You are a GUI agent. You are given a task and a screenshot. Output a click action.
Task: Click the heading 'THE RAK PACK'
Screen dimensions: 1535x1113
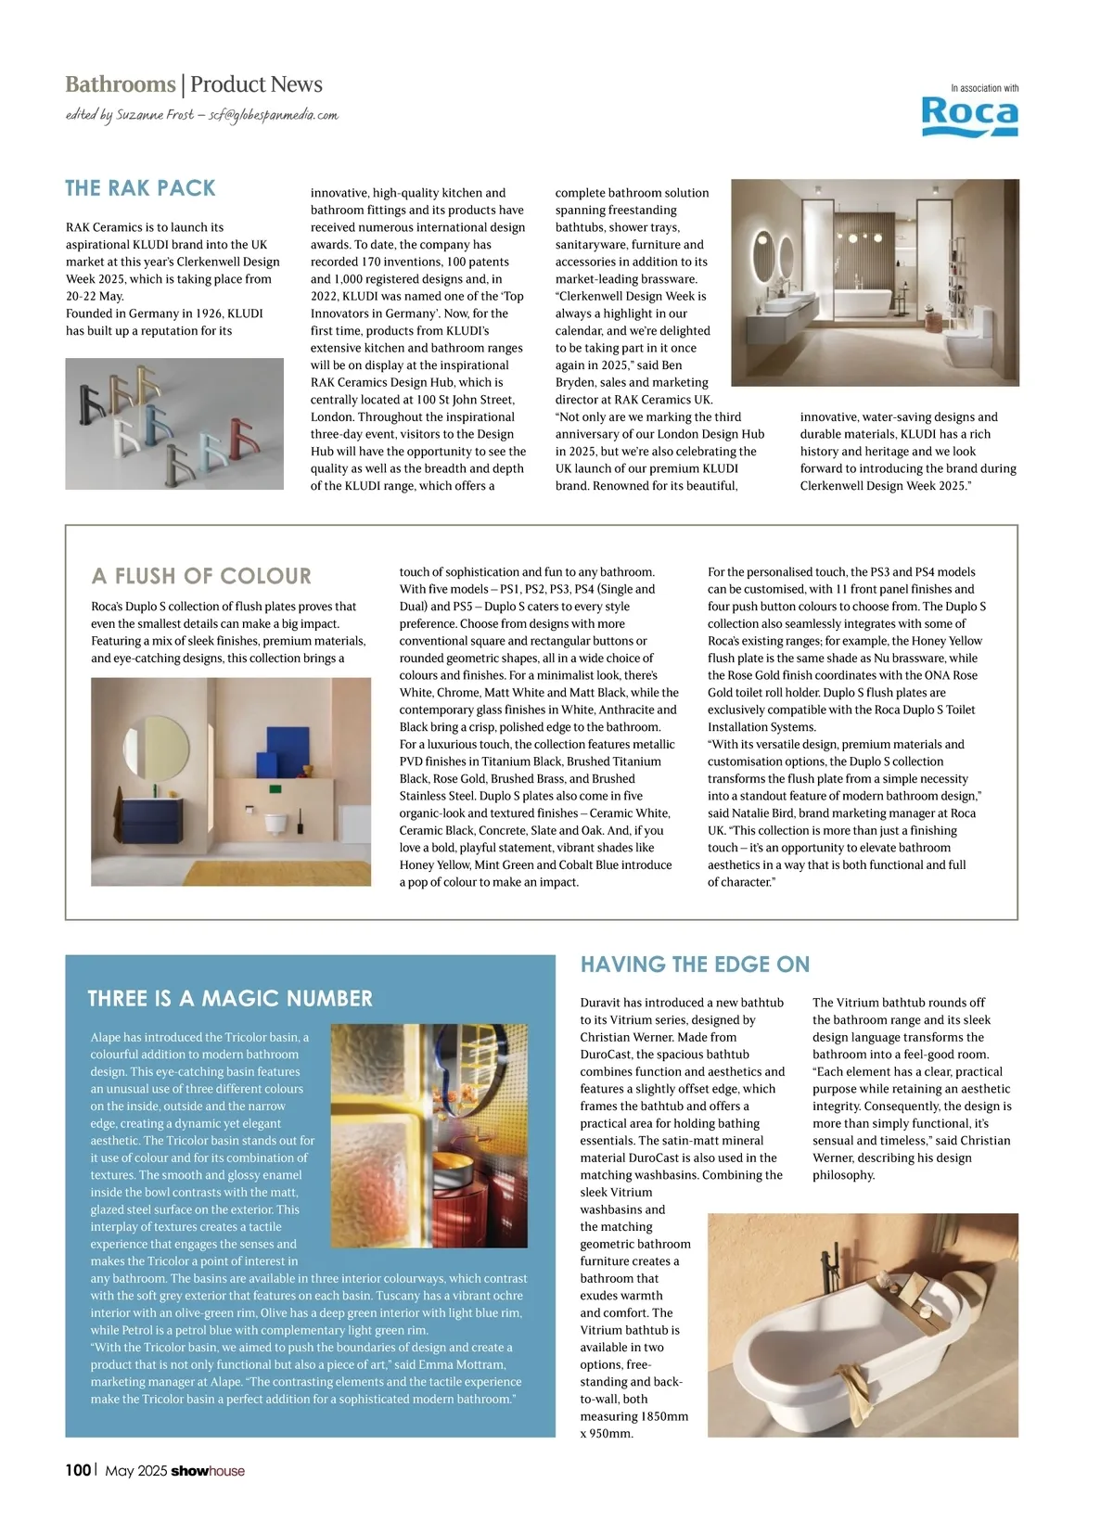point(140,188)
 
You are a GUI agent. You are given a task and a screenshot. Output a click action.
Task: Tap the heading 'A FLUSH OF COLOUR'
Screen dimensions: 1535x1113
point(201,576)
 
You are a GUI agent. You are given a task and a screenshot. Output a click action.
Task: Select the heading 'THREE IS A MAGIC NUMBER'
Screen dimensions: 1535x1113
point(230,998)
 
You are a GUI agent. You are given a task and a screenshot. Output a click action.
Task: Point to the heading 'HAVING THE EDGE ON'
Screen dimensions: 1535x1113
point(695,965)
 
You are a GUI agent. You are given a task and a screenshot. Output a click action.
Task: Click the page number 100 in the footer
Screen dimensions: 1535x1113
point(78,1470)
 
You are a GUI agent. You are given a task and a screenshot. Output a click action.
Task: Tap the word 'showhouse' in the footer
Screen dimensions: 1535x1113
point(208,1470)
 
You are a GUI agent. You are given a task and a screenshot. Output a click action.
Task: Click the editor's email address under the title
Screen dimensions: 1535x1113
point(274,115)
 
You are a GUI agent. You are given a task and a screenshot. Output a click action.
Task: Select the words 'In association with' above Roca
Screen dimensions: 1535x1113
point(984,88)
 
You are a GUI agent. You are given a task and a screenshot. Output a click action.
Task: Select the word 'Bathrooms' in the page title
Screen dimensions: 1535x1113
point(120,84)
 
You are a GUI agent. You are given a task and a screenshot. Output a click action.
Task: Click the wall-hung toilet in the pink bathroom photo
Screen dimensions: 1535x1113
point(275,823)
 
